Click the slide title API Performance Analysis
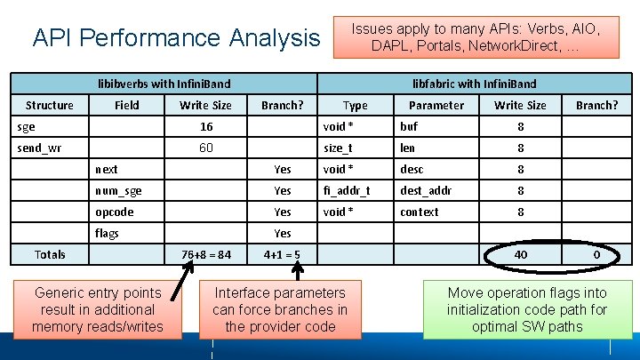pyautogui.click(x=176, y=38)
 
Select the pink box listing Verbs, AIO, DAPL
pyautogui.click(x=476, y=37)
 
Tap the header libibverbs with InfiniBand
pyautogui.click(x=164, y=84)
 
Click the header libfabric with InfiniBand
pyautogui.click(x=474, y=84)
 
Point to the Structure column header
pyautogui.click(x=50, y=105)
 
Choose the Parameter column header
pyautogui.click(x=436, y=105)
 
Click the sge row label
pyautogui.click(x=28, y=126)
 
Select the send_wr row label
pyautogui.click(x=39, y=148)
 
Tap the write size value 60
pyautogui.click(x=205, y=148)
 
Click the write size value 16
pyautogui.click(x=205, y=126)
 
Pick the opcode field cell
pyautogui.click(x=115, y=212)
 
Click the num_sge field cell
pyautogui.click(x=118, y=190)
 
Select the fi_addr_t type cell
pyautogui.click(x=348, y=190)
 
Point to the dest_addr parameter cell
pyautogui.click(x=426, y=190)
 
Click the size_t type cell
pyautogui.click(x=339, y=148)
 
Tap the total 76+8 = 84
pyautogui.click(x=205, y=255)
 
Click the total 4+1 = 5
pyautogui.click(x=282, y=255)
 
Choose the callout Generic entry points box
pyautogui.click(x=98, y=309)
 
